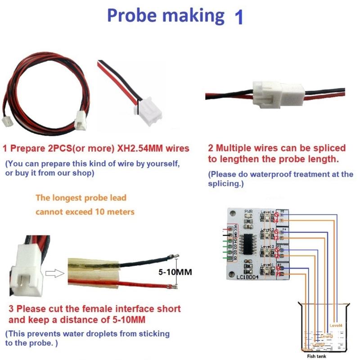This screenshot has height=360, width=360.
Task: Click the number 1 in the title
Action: pos(238,17)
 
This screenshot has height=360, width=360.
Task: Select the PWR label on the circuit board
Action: pos(249,211)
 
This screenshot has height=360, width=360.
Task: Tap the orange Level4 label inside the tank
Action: pos(336,325)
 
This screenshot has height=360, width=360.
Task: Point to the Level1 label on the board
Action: pos(267,265)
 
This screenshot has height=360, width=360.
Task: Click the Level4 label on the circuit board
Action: pos(267,212)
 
